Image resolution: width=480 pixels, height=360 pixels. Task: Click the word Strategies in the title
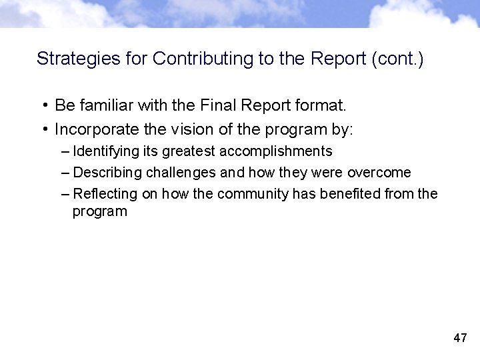69,59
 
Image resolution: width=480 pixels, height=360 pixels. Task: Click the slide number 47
460,338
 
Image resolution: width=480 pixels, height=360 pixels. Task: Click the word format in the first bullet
319,105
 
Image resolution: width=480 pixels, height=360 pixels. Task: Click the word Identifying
103,151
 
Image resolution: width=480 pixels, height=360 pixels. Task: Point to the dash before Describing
64,173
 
